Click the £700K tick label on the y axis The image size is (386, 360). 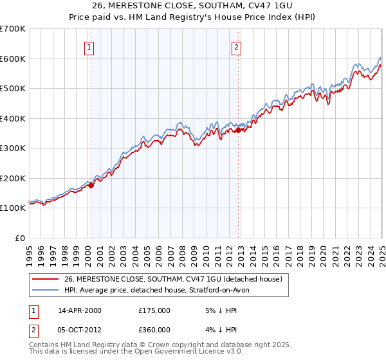point(12,29)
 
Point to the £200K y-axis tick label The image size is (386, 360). point(12,178)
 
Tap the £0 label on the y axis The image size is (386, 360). point(21,238)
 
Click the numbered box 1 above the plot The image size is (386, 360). point(88,47)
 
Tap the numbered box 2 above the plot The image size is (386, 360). point(237,47)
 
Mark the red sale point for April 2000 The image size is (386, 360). point(91,186)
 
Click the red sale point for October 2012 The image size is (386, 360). point(238,130)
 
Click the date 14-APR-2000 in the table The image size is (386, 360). point(79,310)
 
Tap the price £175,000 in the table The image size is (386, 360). point(154,310)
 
